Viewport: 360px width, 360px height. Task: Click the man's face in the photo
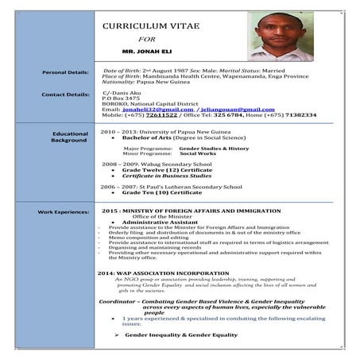pyautogui.click(x=276, y=35)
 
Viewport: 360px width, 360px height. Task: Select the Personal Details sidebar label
pyautogui.click(x=64, y=72)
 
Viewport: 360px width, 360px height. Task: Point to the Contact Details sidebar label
pyautogui.click(x=64, y=95)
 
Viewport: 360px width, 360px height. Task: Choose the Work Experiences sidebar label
pyautogui.click(x=62, y=212)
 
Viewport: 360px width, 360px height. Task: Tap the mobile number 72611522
pyautogui.click(x=161, y=114)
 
